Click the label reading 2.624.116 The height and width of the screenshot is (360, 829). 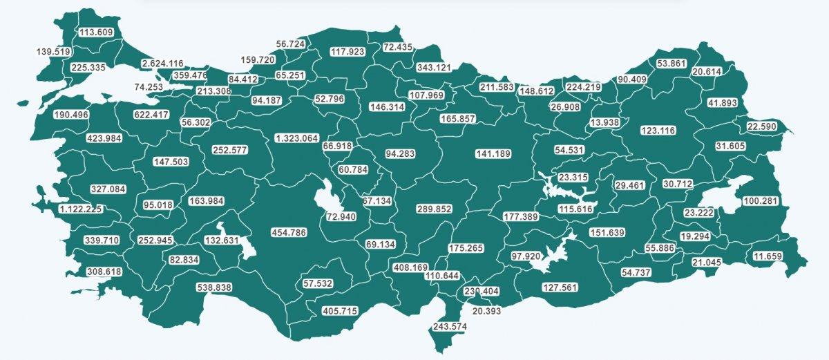click(162, 64)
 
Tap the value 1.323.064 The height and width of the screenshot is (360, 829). click(296, 138)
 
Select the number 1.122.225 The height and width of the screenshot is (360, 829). click(81, 209)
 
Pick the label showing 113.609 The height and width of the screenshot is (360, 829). click(96, 32)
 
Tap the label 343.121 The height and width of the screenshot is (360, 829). click(433, 68)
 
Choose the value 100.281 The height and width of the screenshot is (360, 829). click(760, 201)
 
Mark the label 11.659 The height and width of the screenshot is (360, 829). click(768, 257)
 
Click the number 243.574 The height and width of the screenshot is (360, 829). click(449, 326)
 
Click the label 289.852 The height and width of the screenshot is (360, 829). click(434, 209)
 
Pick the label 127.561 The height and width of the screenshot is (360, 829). click(560, 287)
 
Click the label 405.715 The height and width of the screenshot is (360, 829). click(339, 312)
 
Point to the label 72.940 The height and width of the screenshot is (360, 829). click(341, 217)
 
